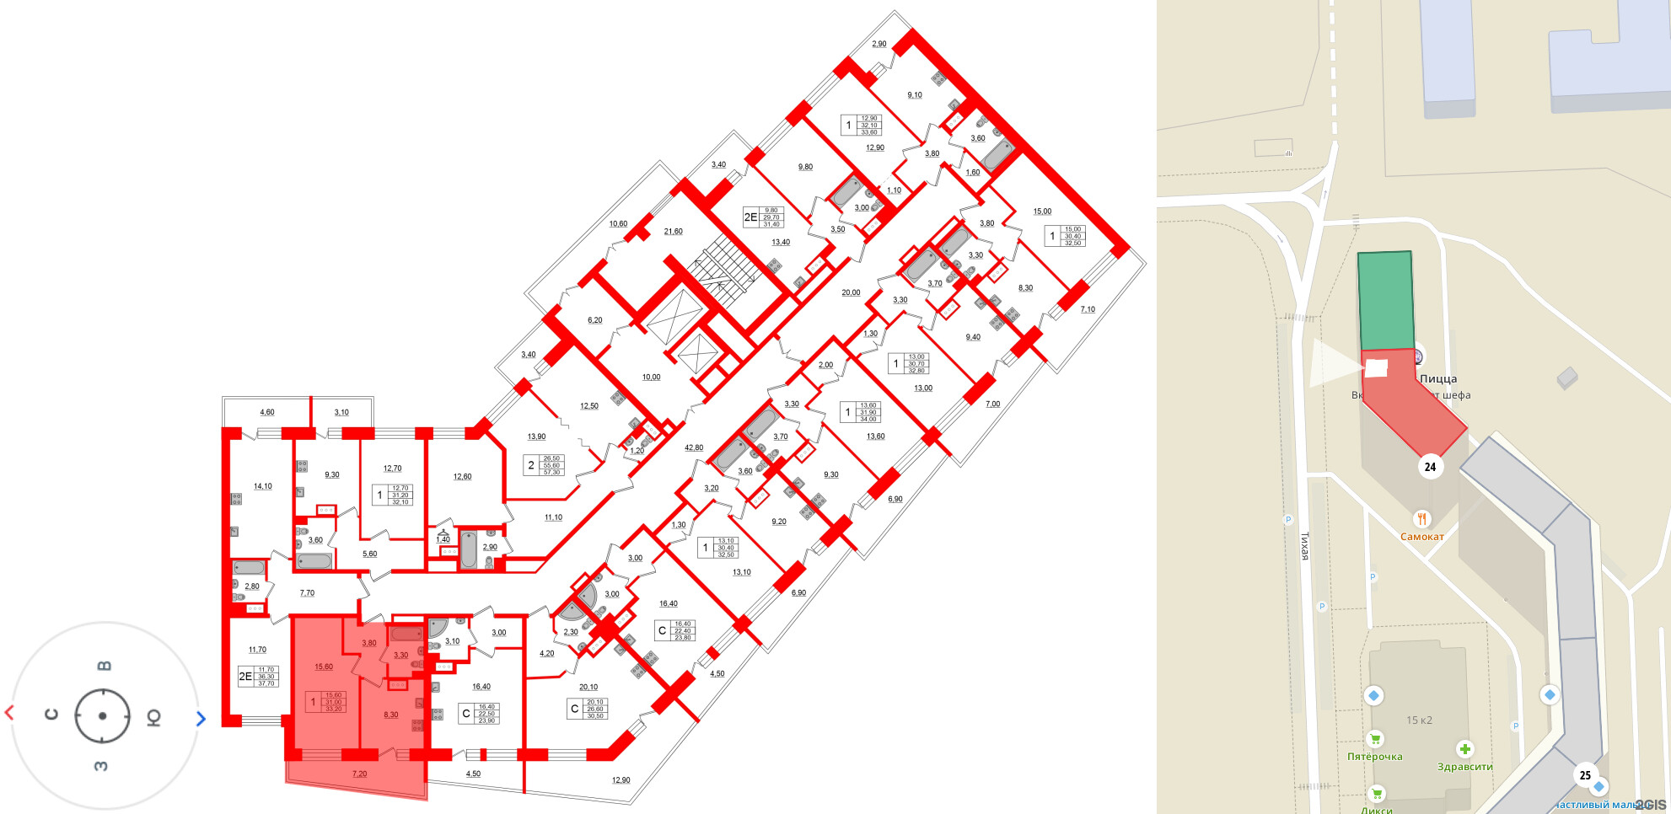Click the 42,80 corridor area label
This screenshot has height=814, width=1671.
694,448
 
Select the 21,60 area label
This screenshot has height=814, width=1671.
673,232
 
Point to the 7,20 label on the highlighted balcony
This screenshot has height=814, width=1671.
359,774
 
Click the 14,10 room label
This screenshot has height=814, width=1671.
263,486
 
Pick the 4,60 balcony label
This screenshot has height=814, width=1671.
267,412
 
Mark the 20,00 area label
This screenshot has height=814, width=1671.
851,293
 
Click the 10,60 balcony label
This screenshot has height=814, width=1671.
618,224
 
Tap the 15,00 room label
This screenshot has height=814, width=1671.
1042,212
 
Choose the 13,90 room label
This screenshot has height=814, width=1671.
536,436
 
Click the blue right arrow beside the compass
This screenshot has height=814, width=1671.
201,719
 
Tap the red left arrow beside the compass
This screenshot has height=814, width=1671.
9,713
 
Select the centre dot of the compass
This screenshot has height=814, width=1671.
102,716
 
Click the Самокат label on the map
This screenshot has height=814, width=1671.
1422,537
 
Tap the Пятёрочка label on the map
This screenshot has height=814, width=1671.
1374,757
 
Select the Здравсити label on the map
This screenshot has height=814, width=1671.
1464,767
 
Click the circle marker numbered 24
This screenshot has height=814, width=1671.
1430,467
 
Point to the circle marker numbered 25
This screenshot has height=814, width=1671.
1585,775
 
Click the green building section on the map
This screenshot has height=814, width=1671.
1385,300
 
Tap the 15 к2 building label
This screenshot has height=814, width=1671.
1419,720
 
